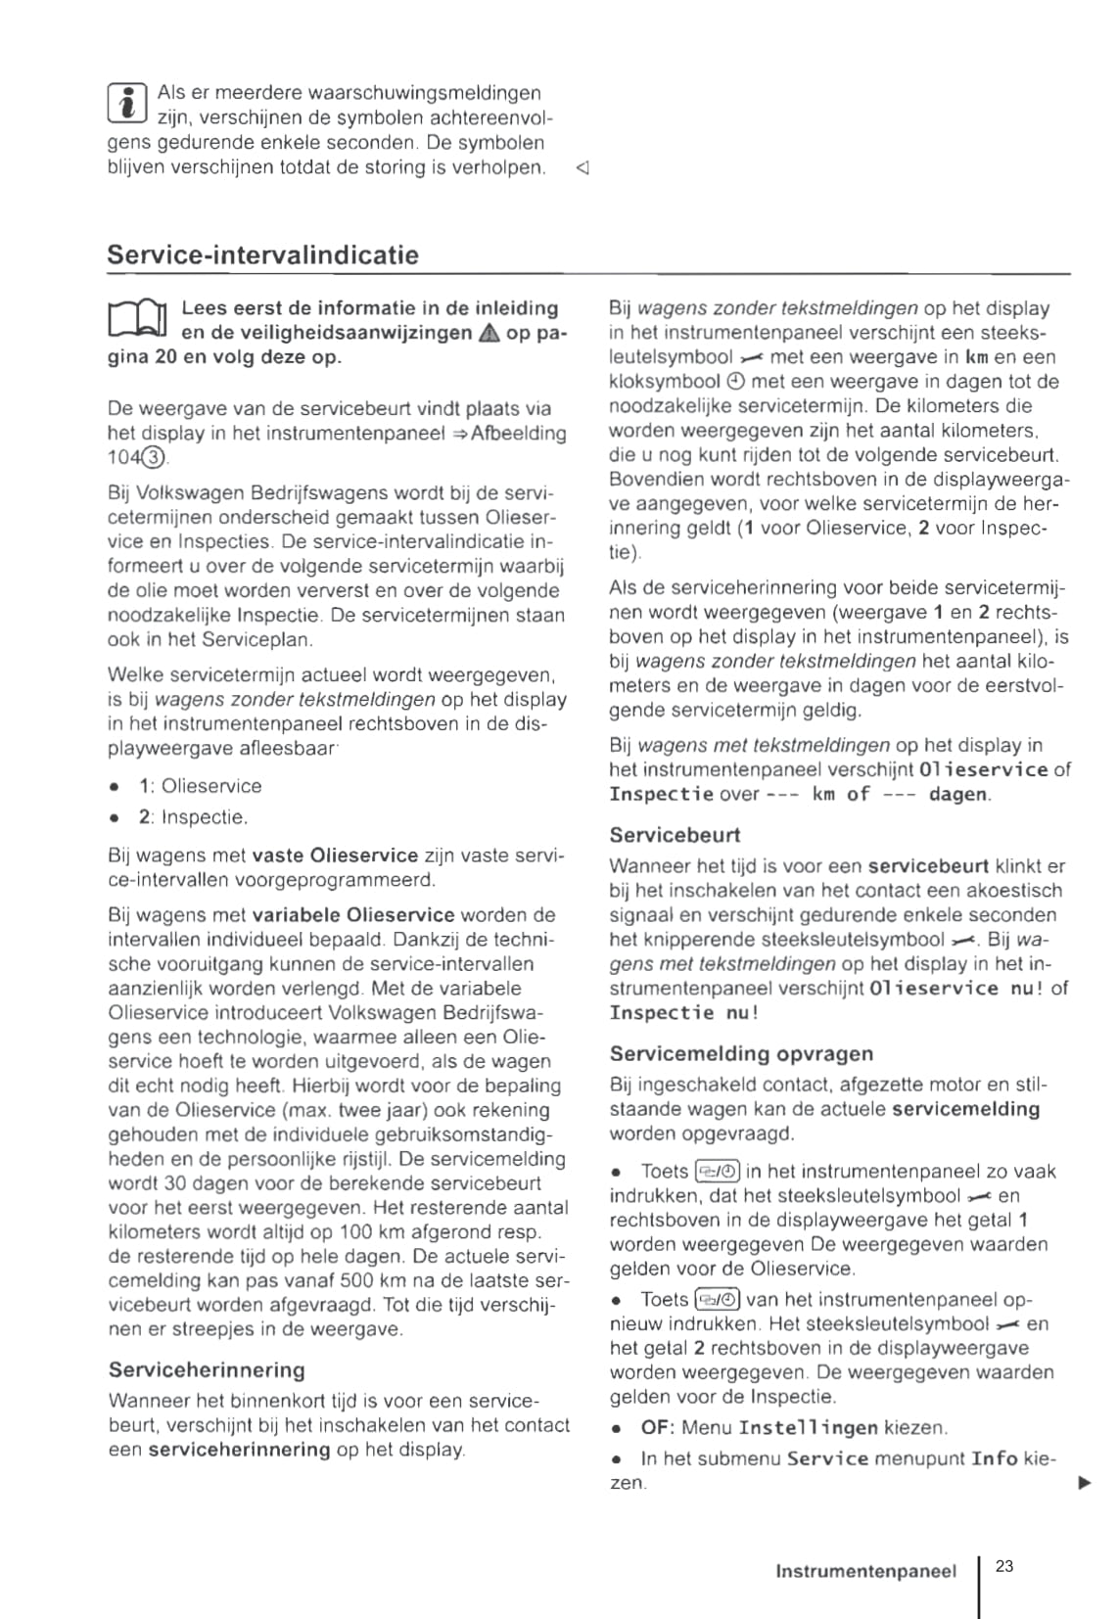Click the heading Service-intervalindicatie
[x=262, y=255]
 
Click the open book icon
[x=137, y=321]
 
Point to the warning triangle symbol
[x=489, y=334]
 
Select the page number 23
[x=1004, y=1566]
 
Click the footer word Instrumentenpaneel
[x=865, y=1571]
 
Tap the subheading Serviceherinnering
[x=207, y=1369]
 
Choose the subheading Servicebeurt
[x=675, y=835]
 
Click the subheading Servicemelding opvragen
[x=741, y=1053]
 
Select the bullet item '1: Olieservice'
[x=200, y=786]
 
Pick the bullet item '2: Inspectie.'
[x=193, y=816]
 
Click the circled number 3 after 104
[x=156, y=458]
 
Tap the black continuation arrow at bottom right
[x=1084, y=1483]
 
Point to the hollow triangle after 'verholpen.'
[x=582, y=168]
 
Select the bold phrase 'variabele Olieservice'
[x=353, y=915]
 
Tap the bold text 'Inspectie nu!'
[x=683, y=1012]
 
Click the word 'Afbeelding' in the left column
[x=519, y=434]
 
